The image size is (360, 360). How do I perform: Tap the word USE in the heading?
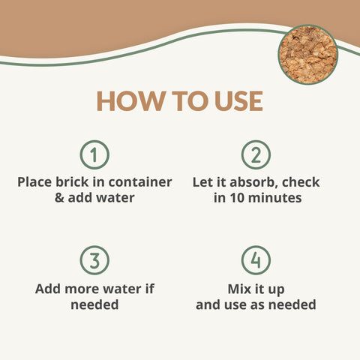pyautogui.click(x=238, y=101)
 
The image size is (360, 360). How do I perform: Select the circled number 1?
pyautogui.click(x=94, y=154)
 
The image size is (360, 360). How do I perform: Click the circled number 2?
pyautogui.click(x=256, y=154)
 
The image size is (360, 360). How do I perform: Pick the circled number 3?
pyautogui.click(x=94, y=260)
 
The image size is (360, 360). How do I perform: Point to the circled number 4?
pyautogui.click(x=256, y=260)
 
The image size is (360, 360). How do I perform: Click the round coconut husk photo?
pyautogui.click(x=308, y=55)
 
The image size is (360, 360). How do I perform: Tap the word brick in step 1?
pyautogui.click(x=72, y=181)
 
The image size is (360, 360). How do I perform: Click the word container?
pyautogui.click(x=140, y=182)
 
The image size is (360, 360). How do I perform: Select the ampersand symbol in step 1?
pyautogui.click(x=59, y=198)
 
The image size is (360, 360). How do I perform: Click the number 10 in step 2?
pyautogui.click(x=238, y=198)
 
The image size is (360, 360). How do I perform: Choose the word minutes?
pyautogui.click(x=275, y=198)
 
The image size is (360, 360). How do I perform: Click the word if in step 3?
pyautogui.click(x=150, y=289)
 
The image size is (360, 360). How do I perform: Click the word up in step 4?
pyautogui.click(x=277, y=290)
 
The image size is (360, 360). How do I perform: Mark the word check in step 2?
pyautogui.click(x=301, y=182)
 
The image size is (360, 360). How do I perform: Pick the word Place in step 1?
pyautogui.click(x=34, y=181)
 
